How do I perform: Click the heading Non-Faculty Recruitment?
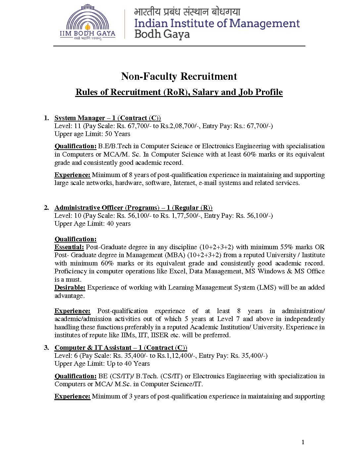click(179, 76)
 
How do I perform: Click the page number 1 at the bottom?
click(303, 442)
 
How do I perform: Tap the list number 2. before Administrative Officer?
click(46, 208)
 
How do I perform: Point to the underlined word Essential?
click(69, 247)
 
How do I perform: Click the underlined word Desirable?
click(70, 288)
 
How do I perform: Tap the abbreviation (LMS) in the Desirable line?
click(266, 288)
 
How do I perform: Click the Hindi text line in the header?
click(187, 12)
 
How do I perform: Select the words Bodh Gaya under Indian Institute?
click(162, 34)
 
